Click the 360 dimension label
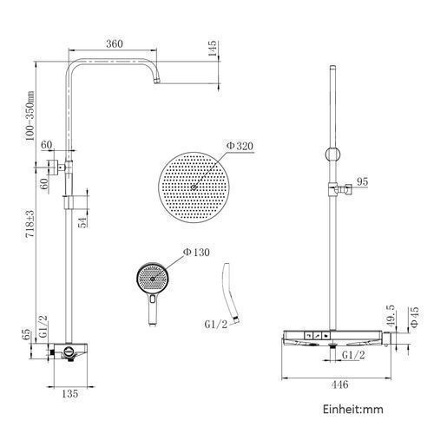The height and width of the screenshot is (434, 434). (x=115, y=44)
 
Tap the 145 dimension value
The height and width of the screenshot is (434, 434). (x=212, y=49)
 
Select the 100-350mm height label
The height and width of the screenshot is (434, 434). (x=30, y=115)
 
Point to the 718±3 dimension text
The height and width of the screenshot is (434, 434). (x=30, y=224)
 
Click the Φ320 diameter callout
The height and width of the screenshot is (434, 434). (x=240, y=146)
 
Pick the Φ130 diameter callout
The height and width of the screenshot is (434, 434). (x=196, y=253)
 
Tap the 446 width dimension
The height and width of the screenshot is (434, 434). (x=339, y=385)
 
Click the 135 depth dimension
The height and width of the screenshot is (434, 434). (x=70, y=393)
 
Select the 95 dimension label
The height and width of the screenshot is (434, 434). (x=362, y=181)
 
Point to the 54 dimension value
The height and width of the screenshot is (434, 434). (x=83, y=222)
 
